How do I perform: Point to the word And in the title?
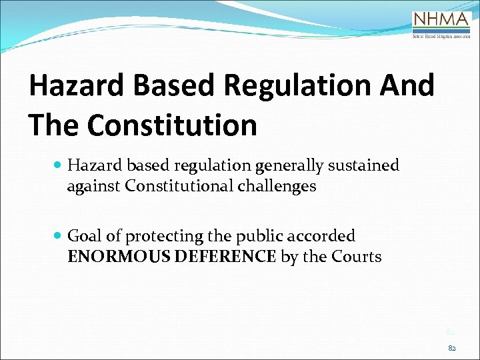[407, 87]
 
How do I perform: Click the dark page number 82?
[452, 347]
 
